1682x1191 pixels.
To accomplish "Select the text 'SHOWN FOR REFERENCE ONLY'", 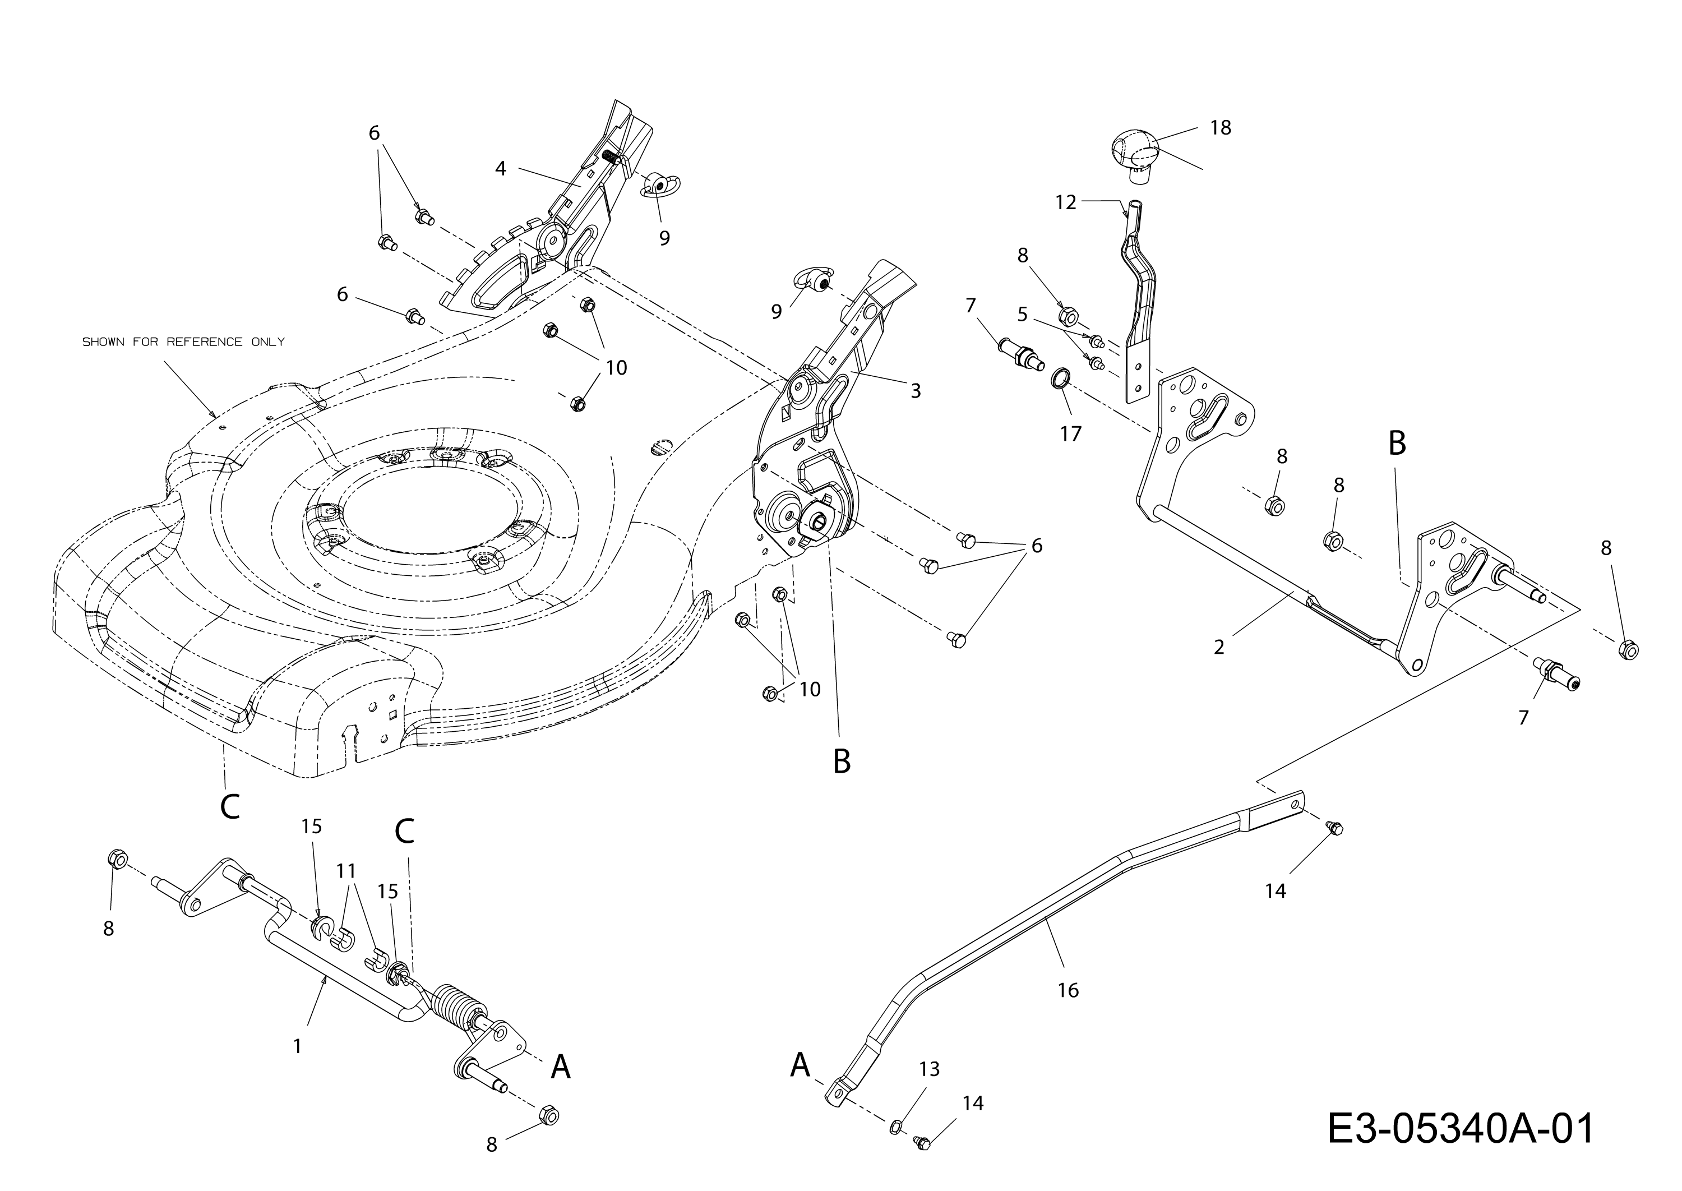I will point(183,341).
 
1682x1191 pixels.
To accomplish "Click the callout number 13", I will point(929,1069).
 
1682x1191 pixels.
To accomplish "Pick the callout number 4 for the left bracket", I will point(500,169).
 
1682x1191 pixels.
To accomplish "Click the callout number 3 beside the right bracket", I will point(915,391).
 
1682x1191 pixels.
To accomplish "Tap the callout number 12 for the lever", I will point(1065,202).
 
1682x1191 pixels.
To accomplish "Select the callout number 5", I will point(1023,315).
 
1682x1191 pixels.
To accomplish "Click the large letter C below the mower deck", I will point(229,807).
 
